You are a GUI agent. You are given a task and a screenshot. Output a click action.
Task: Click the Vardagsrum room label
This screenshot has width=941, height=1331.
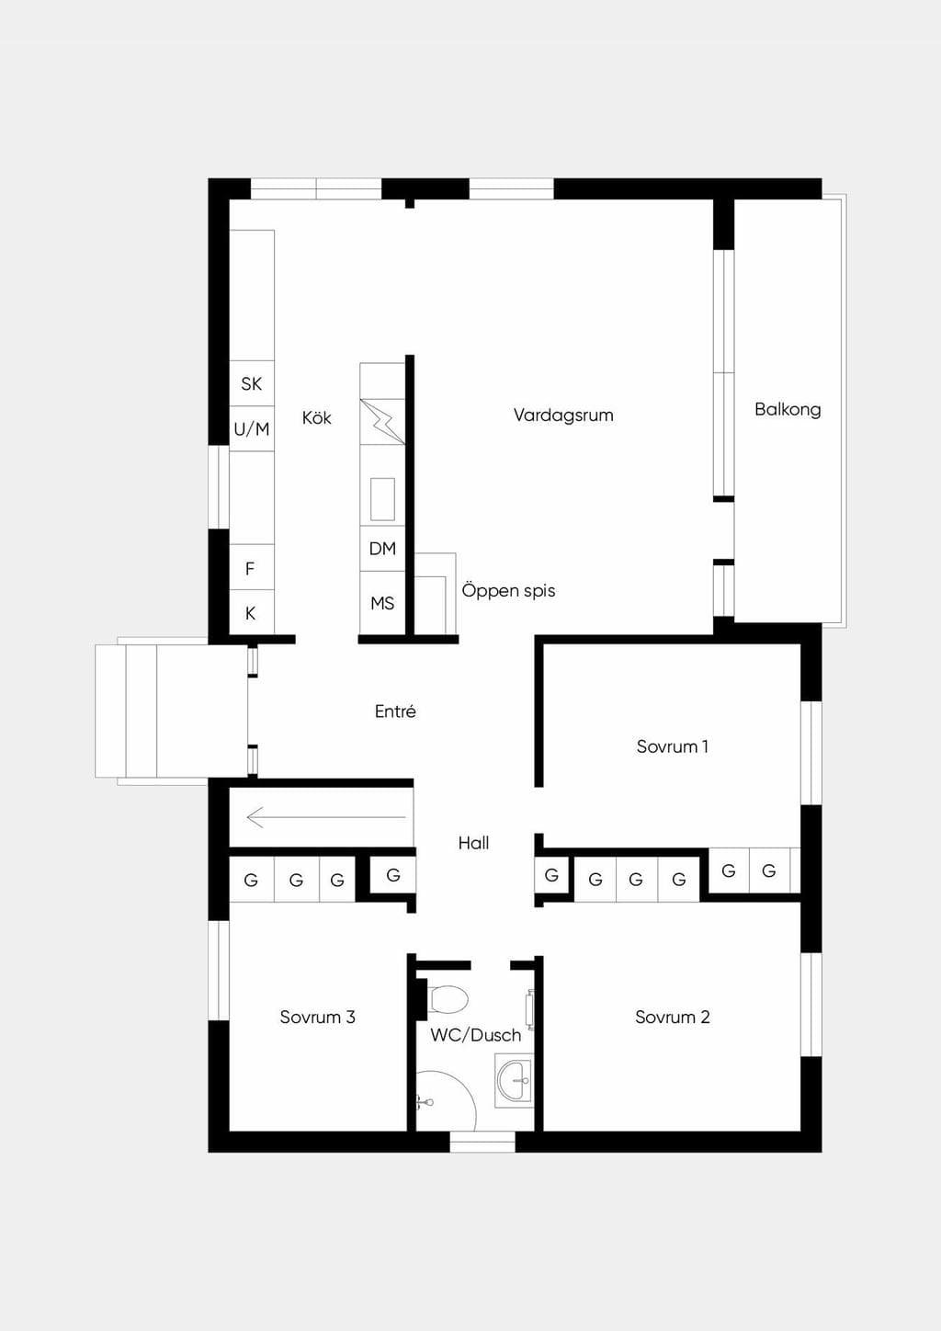coord(563,415)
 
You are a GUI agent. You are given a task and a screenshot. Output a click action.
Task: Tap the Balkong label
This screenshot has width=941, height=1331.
coord(788,409)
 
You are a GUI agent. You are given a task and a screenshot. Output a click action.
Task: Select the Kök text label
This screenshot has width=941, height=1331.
coord(317,417)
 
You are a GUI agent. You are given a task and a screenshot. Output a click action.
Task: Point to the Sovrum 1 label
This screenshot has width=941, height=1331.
coord(673,746)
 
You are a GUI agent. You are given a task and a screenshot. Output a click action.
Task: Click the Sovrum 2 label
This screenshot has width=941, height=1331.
coord(673,1017)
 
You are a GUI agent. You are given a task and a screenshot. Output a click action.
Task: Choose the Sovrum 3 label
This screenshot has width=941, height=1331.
coord(318,1017)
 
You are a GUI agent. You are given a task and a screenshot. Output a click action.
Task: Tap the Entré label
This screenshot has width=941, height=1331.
coord(396,711)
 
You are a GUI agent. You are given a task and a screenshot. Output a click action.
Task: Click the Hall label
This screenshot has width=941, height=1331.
coord(473,843)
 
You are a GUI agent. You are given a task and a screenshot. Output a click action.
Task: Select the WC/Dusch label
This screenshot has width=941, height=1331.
coord(476,1035)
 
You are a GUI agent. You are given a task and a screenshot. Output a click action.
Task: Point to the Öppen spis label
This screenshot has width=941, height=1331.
coord(508,591)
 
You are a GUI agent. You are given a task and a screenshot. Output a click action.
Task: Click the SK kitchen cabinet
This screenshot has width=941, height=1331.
coord(252,383)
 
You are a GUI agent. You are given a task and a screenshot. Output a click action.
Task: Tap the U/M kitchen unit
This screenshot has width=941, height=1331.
coord(252,428)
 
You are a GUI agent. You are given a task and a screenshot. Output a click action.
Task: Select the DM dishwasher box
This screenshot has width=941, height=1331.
coord(382,549)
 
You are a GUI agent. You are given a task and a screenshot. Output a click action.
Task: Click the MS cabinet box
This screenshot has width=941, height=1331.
coord(382,603)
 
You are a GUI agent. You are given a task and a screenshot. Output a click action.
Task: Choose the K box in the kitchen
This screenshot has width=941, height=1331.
coord(252,612)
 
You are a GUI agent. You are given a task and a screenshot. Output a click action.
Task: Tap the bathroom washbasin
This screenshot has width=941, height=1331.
coord(514,1081)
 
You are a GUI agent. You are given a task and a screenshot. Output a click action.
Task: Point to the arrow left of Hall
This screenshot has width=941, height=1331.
coord(326,817)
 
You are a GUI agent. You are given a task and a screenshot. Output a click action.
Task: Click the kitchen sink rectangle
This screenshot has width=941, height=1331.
coord(382,499)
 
